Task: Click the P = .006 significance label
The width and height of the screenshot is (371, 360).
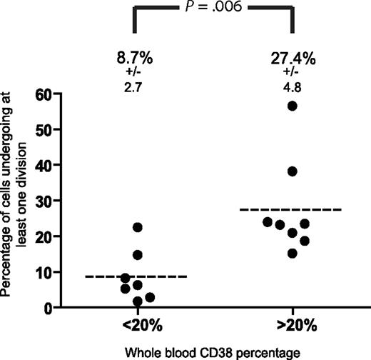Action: click(212, 10)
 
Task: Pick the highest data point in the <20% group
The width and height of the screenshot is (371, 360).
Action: click(138, 227)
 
